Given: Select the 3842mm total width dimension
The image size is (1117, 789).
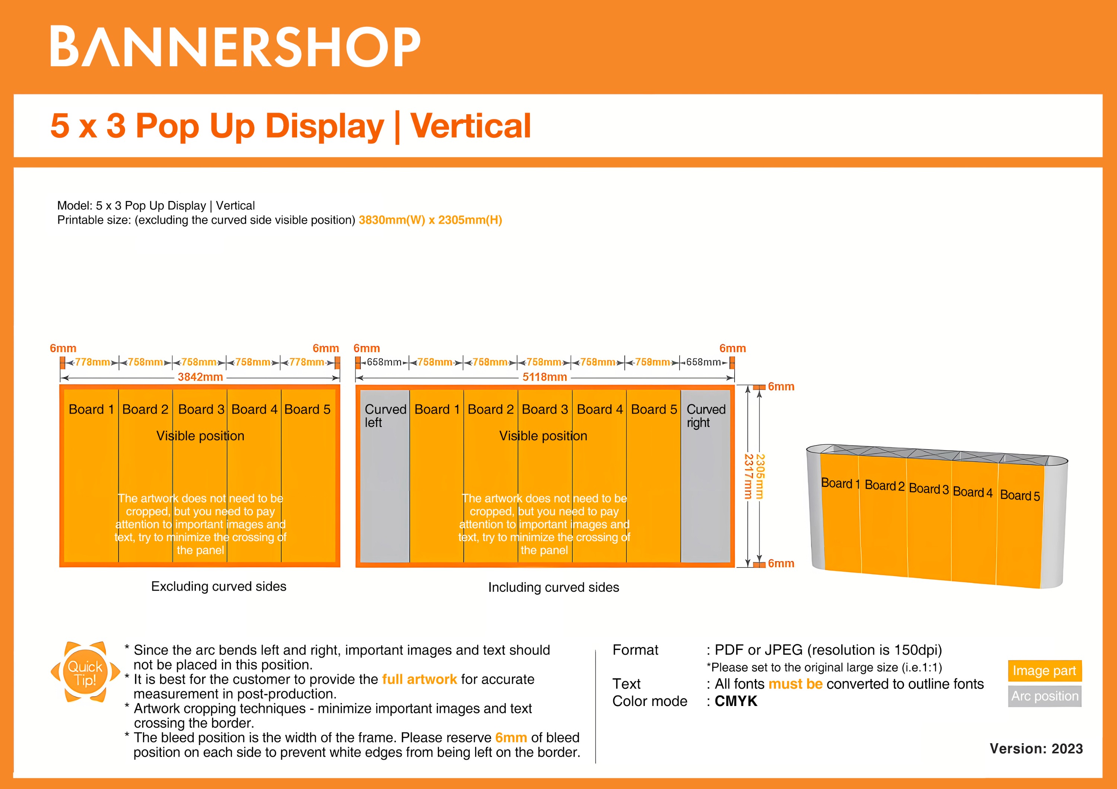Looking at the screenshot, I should [200, 377].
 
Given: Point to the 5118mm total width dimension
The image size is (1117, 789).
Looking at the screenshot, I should [544, 377].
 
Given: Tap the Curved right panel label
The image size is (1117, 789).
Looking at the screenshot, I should [706, 416].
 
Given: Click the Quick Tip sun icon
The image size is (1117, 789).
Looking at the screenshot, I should [85, 673].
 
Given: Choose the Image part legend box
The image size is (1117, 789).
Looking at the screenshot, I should [1044, 671].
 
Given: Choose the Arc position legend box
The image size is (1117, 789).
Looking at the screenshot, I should [1044, 696].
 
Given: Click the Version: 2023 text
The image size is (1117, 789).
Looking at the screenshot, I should [1036, 749].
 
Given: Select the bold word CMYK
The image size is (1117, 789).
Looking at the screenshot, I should [736, 701].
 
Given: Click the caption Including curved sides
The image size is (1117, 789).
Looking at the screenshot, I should [553, 587].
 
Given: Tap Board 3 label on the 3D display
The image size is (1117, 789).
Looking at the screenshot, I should [928, 489].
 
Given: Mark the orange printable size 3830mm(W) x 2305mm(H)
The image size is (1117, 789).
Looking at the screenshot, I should [430, 220].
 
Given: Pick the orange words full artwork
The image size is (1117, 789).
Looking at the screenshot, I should [419, 679].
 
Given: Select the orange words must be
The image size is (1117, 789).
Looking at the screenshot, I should [795, 684].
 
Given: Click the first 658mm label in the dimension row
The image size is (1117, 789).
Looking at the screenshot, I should [384, 362].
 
